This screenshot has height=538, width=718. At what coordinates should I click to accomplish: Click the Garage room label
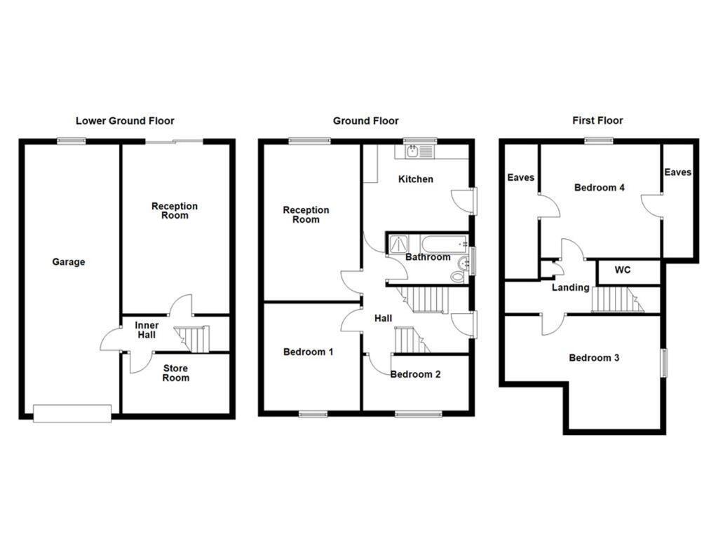pos(68,262)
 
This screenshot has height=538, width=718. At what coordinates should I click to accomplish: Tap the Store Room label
pos(175,373)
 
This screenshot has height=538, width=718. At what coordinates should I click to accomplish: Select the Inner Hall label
pos(147,330)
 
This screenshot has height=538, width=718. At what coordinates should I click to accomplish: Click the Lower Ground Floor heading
pos(125,120)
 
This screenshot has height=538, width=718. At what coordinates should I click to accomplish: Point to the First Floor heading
pos(597,120)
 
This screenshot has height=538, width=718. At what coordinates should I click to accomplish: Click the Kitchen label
pos(416,179)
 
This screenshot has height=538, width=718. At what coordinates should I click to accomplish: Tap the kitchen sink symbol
pos(414,151)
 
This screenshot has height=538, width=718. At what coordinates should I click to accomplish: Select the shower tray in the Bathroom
pos(399,243)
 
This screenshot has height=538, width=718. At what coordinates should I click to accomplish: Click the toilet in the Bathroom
pos(459,276)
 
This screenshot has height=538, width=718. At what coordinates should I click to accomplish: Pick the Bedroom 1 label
pos(308,352)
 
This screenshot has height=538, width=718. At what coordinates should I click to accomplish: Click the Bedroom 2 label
pos(415,374)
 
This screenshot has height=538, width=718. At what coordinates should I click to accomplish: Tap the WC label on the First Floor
pos(623,270)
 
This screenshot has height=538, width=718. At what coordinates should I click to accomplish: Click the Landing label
pos(570,287)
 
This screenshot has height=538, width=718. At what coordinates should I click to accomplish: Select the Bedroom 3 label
pos(594,358)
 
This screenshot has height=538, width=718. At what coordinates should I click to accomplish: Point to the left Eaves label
pos(521,177)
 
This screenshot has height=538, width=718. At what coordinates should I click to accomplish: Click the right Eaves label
pos(678,172)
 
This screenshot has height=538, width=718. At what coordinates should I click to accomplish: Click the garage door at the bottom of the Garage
pos(72,413)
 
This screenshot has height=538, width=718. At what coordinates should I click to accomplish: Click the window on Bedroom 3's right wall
pos(664,363)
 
